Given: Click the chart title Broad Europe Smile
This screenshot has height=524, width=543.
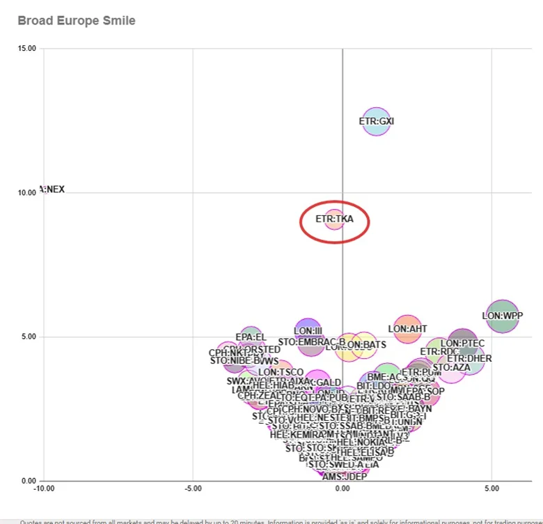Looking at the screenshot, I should click(77, 21).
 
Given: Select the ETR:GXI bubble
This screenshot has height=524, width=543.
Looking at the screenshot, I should click(377, 121).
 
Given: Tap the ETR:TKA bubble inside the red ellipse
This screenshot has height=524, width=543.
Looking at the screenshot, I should click(334, 219).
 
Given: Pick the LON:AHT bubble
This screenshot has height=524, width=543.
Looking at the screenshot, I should click(408, 329).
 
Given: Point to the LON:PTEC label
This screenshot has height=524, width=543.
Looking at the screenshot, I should click(462, 344).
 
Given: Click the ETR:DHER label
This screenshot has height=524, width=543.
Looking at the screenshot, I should click(469, 359).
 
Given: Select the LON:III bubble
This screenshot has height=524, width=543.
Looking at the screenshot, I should click(308, 331).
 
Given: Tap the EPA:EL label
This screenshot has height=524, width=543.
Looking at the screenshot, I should click(251, 337).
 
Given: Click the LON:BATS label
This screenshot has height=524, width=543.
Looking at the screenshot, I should click(365, 345).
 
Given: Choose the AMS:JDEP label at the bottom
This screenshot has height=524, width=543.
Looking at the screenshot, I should click(344, 477).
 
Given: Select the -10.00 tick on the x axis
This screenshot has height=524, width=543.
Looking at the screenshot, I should click(43, 488).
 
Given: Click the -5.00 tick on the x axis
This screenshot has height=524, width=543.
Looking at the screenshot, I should click(192, 488).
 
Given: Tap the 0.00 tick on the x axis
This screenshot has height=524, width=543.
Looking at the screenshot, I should click(343, 488).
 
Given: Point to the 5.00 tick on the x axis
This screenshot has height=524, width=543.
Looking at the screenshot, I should click(491, 488).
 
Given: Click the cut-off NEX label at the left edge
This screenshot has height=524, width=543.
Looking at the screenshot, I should click(54, 189).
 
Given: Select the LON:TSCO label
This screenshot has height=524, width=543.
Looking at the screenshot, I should click(281, 373).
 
